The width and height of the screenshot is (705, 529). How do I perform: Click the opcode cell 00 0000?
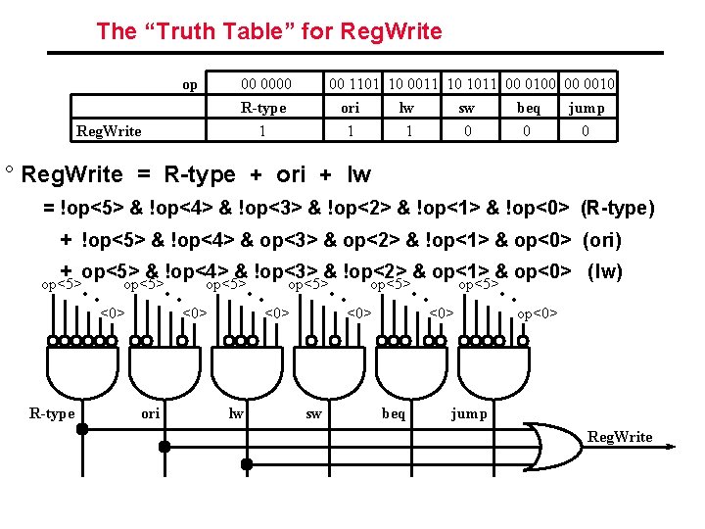click(x=266, y=84)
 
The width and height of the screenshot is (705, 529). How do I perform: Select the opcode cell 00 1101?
click(x=355, y=84)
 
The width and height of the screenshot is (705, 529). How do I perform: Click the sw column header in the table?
click(x=470, y=108)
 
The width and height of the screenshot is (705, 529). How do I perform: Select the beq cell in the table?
click(x=528, y=108)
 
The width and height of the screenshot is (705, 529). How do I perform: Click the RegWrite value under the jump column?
click(x=585, y=131)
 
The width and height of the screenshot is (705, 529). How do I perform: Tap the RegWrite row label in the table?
click(x=109, y=131)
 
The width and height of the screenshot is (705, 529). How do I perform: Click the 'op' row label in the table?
click(x=189, y=85)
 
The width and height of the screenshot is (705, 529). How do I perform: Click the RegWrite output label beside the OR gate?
click(x=619, y=437)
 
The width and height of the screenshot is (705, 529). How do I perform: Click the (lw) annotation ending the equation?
click(x=603, y=272)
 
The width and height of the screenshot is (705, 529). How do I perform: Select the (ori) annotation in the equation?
click(x=602, y=240)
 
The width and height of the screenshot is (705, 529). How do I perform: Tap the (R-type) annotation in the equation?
click(x=617, y=208)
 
